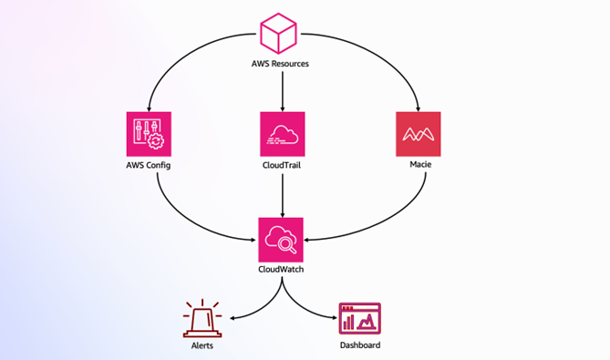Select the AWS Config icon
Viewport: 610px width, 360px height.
click(149, 134)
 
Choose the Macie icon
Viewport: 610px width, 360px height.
click(419, 134)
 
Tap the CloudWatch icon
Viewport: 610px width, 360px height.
click(281, 240)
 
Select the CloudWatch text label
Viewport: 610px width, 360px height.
click(281, 270)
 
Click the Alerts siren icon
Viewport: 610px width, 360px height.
click(202, 319)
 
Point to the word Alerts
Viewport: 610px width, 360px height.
click(202, 346)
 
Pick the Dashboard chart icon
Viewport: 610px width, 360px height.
click(359, 319)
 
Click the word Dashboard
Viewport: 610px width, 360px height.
click(359, 346)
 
